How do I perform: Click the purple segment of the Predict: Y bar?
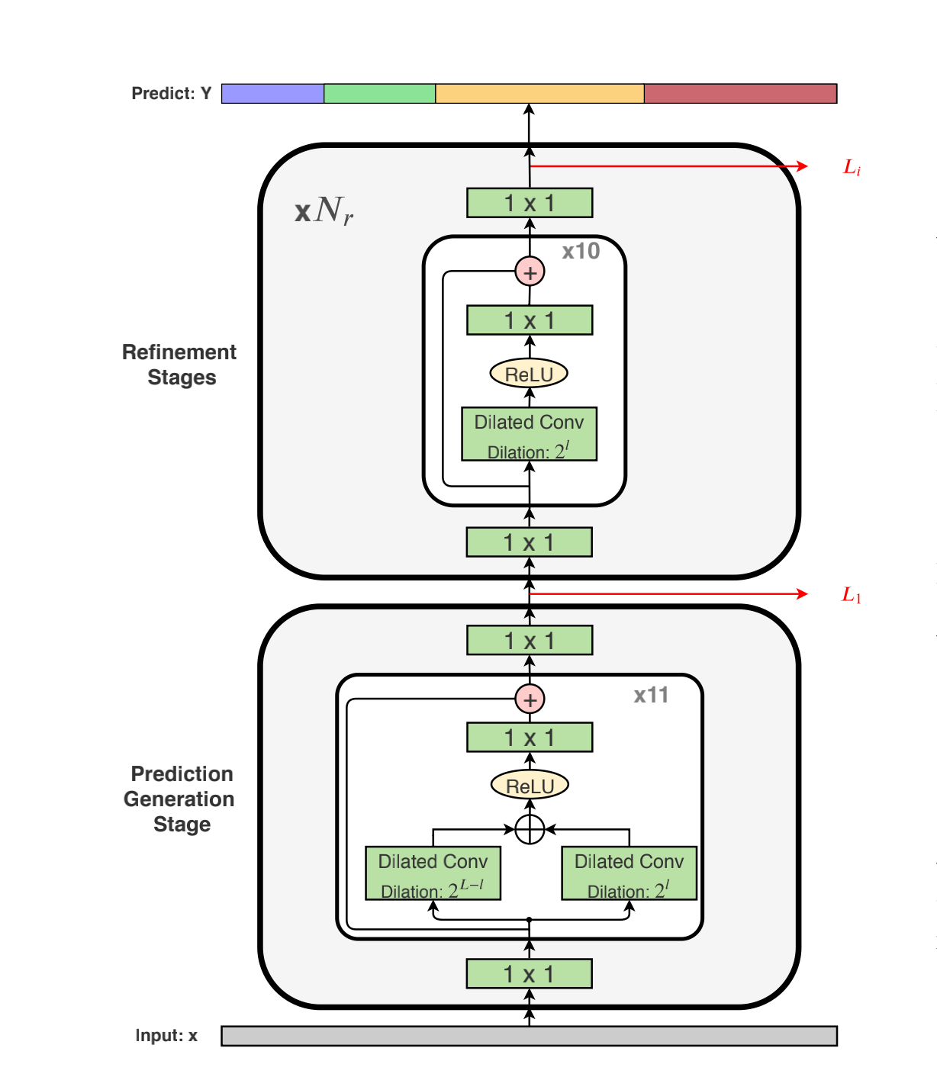click(x=272, y=94)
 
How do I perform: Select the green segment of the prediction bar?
click(x=379, y=94)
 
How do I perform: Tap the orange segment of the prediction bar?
click(x=539, y=94)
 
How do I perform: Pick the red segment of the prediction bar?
click(x=740, y=94)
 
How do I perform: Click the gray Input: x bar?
click(x=529, y=1036)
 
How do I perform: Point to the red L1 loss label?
click(x=852, y=595)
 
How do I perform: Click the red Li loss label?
click(x=852, y=167)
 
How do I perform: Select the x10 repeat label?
click(x=581, y=251)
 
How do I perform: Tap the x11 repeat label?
click(x=651, y=695)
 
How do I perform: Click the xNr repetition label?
click(x=324, y=211)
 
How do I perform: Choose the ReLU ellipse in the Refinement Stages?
click(x=529, y=374)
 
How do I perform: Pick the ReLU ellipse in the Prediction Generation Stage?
click(x=530, y=786)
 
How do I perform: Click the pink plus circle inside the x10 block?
click(x=530, y=272)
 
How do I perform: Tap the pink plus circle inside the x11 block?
click(x=530, y=699)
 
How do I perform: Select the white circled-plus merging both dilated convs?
click(x=530, y=829)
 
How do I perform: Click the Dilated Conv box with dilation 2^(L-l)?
click(x=433, y=873)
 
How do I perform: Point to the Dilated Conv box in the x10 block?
click(x=529, y=434)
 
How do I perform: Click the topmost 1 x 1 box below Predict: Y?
click(x=530, y=203)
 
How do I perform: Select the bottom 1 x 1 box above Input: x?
click(x=529, y=974)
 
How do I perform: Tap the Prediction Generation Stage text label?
click(x=180, y=799)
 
